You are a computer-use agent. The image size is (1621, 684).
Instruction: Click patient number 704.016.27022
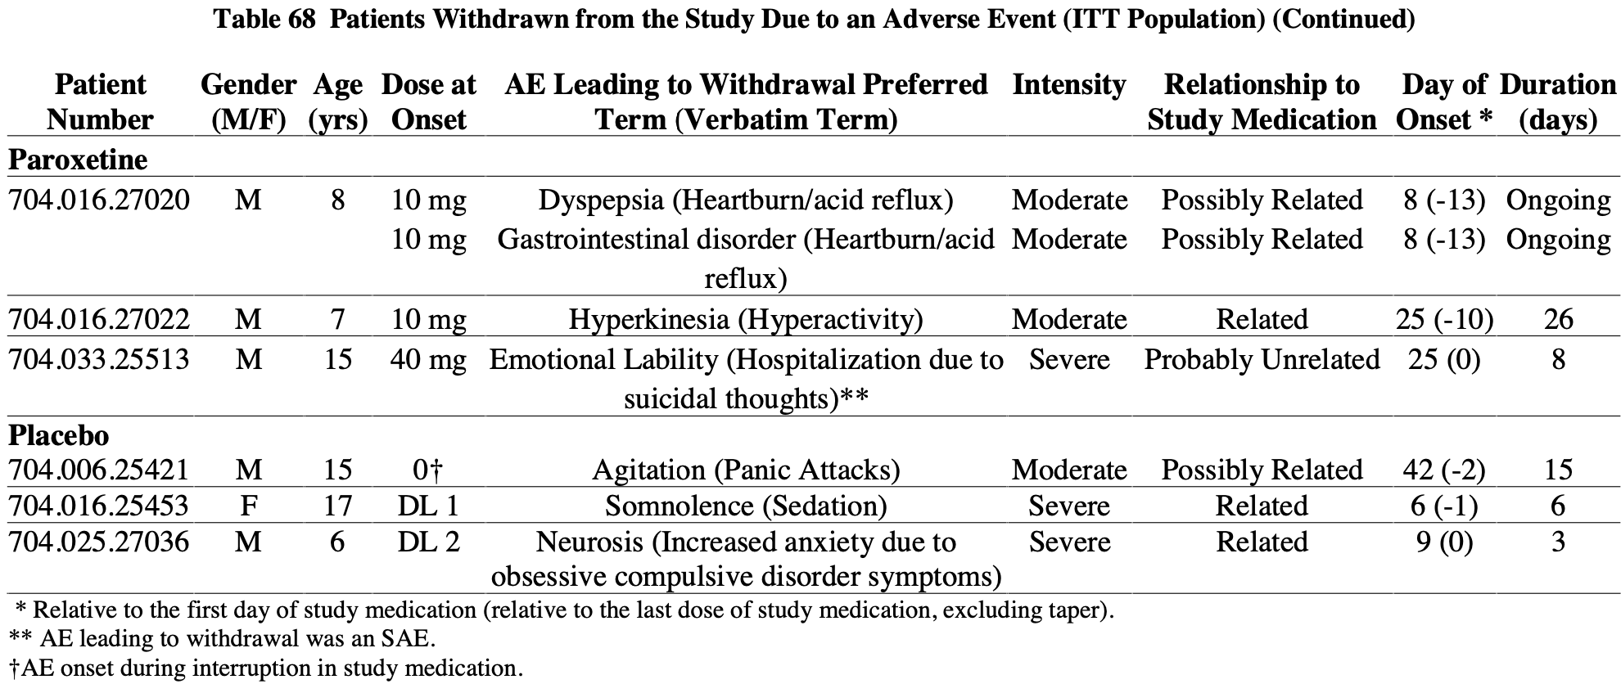tap(99, 319)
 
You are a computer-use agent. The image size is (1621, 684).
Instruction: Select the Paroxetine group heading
tap(78, 160)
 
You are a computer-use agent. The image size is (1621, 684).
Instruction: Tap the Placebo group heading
tap(58, 435)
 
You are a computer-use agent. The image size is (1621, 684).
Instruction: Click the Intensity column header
tap(1069, 85)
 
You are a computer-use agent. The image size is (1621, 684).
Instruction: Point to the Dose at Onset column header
tap(429, 101)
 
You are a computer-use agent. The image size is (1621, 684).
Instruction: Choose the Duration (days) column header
tap(1558, 101)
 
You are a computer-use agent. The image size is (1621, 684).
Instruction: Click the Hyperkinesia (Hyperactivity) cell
tap(746, 319)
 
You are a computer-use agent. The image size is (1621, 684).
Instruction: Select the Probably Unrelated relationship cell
tap(1262, 359)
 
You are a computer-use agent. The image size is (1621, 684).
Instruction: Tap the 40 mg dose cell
tap(428, 359)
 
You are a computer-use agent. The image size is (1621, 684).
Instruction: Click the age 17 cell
tap(337, 506)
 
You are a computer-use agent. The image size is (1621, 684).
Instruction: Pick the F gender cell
tap(248, 506)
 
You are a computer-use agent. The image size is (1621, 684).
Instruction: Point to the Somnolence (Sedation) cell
tap(746, 506)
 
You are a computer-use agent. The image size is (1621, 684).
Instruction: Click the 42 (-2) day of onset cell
tap(1444, 470)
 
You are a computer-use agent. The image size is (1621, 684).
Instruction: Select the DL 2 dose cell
tap(428, 542)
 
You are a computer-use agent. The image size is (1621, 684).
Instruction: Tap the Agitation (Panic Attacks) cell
tap(746, 470)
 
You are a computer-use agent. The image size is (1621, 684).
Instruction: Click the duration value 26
tap(1558, 319)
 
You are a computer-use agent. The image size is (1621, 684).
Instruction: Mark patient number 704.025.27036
tap(99, 542)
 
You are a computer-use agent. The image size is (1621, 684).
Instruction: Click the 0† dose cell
tap(428, 470)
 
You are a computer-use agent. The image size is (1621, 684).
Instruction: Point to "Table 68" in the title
tap(264, 19)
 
